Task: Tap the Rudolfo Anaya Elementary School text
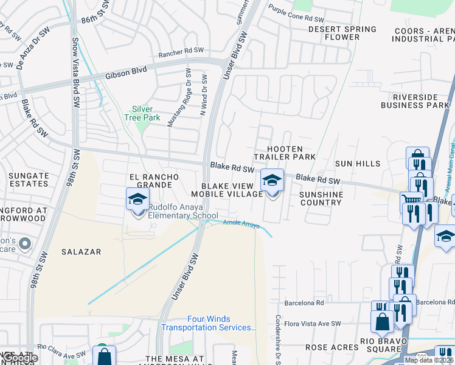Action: [183, 212]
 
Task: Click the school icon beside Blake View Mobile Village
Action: [272, 181]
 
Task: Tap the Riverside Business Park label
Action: [414, 101]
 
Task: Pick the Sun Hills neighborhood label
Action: [358, 164]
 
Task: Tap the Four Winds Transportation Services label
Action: [209, 323]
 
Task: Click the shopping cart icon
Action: [411, 200]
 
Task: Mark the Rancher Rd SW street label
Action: [179, 54]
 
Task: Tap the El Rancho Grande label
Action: [154, 181]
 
